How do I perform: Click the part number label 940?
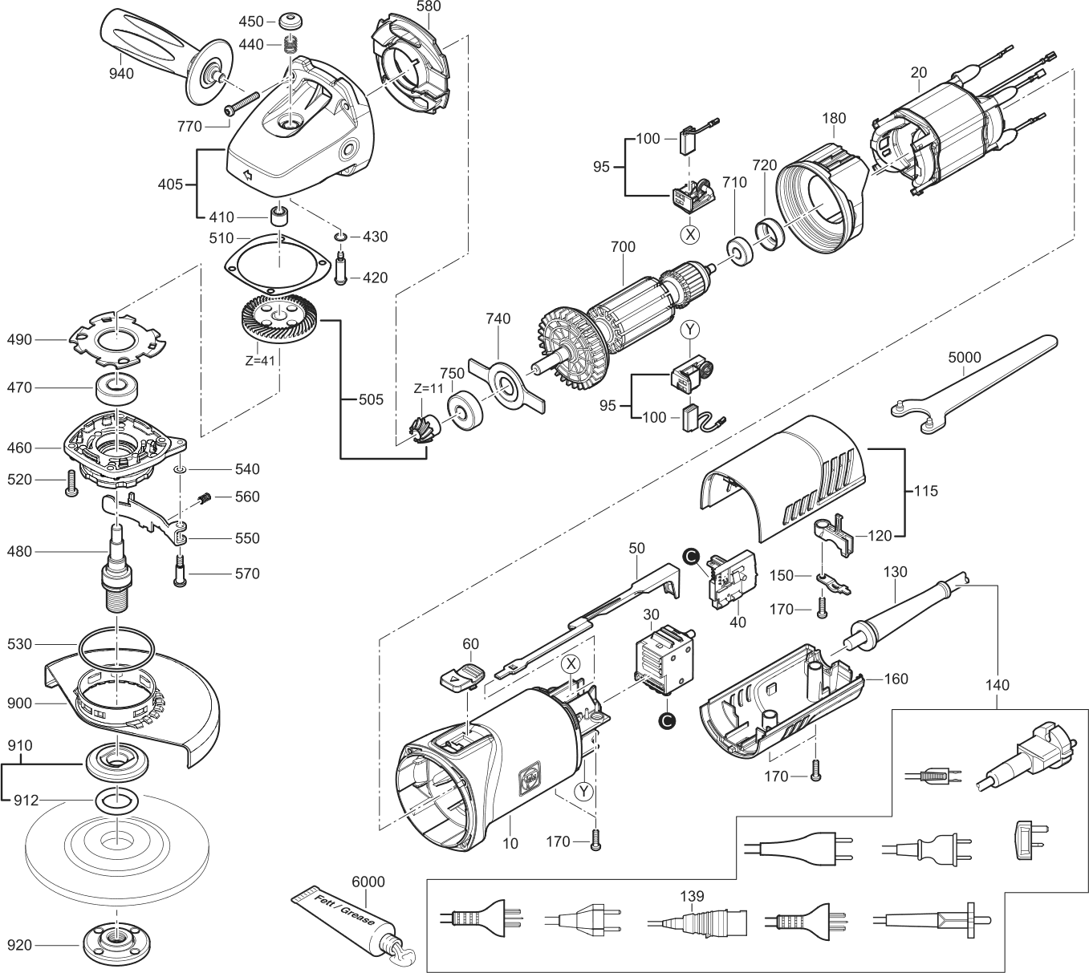tap(123, 75)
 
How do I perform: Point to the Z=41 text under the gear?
tap(260, 360)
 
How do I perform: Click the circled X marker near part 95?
tap(690, 235)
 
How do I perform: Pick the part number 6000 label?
tap(368, 882)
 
